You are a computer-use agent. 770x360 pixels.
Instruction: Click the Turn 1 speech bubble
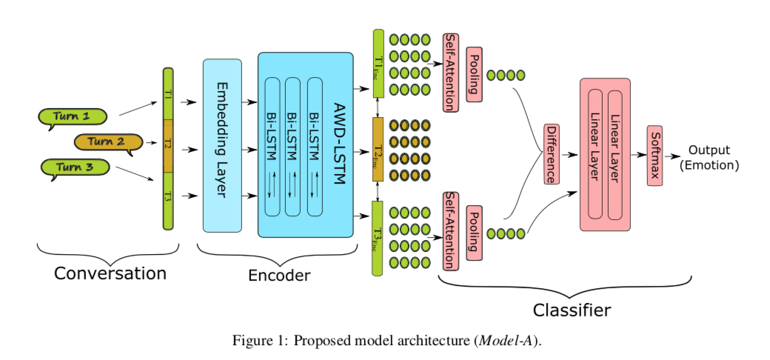tap(71, 116)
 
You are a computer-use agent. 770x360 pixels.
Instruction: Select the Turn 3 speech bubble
tap(75, 167)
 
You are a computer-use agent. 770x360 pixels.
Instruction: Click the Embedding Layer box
tap(222, 145)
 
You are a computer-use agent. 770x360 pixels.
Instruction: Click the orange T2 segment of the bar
tap(168, 145)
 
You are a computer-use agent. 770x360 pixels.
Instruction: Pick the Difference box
tap(552, 154)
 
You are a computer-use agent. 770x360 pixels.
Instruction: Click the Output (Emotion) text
tap(709, 158)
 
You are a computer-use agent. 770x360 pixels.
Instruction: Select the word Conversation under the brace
tap(110, 273)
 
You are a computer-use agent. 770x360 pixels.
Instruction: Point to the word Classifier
tap(572, 308)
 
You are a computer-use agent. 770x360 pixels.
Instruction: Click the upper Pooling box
tap(474, 78)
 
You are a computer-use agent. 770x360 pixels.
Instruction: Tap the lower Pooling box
tap(474, 232)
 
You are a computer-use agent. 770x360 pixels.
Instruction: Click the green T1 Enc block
tap(378, 63)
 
